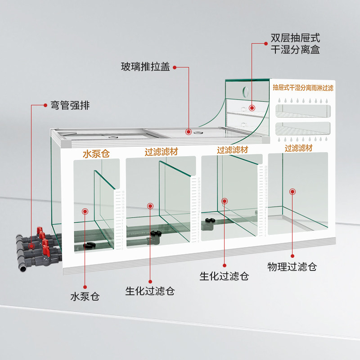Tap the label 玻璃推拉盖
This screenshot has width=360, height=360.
point(145,67)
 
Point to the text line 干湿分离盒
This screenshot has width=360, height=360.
point(295,49)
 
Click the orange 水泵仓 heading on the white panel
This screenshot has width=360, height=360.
point(96,154)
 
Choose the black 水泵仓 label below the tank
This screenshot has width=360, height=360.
point(85,297)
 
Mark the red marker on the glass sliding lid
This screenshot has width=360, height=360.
point(189,132)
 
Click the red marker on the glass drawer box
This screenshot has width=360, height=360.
point(252,108)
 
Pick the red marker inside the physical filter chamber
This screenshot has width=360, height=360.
point(292,192)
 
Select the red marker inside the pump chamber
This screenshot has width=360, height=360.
point(85,211)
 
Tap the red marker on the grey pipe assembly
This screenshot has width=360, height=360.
point(31,247)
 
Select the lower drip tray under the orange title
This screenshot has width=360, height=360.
point(302,130)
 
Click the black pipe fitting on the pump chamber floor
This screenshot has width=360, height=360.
point(89,246)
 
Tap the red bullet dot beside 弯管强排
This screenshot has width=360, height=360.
point(45,106)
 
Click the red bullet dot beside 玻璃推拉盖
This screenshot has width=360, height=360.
point(174,67)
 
